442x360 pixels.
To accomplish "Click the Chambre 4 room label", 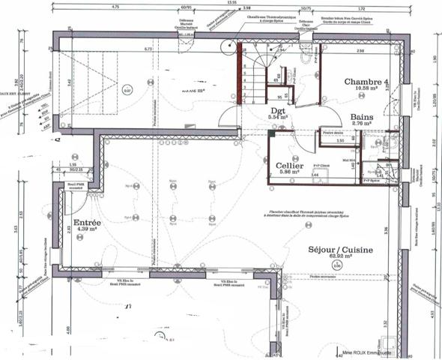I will click(367, 82).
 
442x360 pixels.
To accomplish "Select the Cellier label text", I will click(288, 165).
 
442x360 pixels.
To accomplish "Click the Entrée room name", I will click(89, 223).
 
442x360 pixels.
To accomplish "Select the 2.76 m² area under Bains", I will click(364, 124).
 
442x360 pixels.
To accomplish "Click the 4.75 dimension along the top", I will click(115, 7).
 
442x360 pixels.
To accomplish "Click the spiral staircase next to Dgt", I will click(255, 71).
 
